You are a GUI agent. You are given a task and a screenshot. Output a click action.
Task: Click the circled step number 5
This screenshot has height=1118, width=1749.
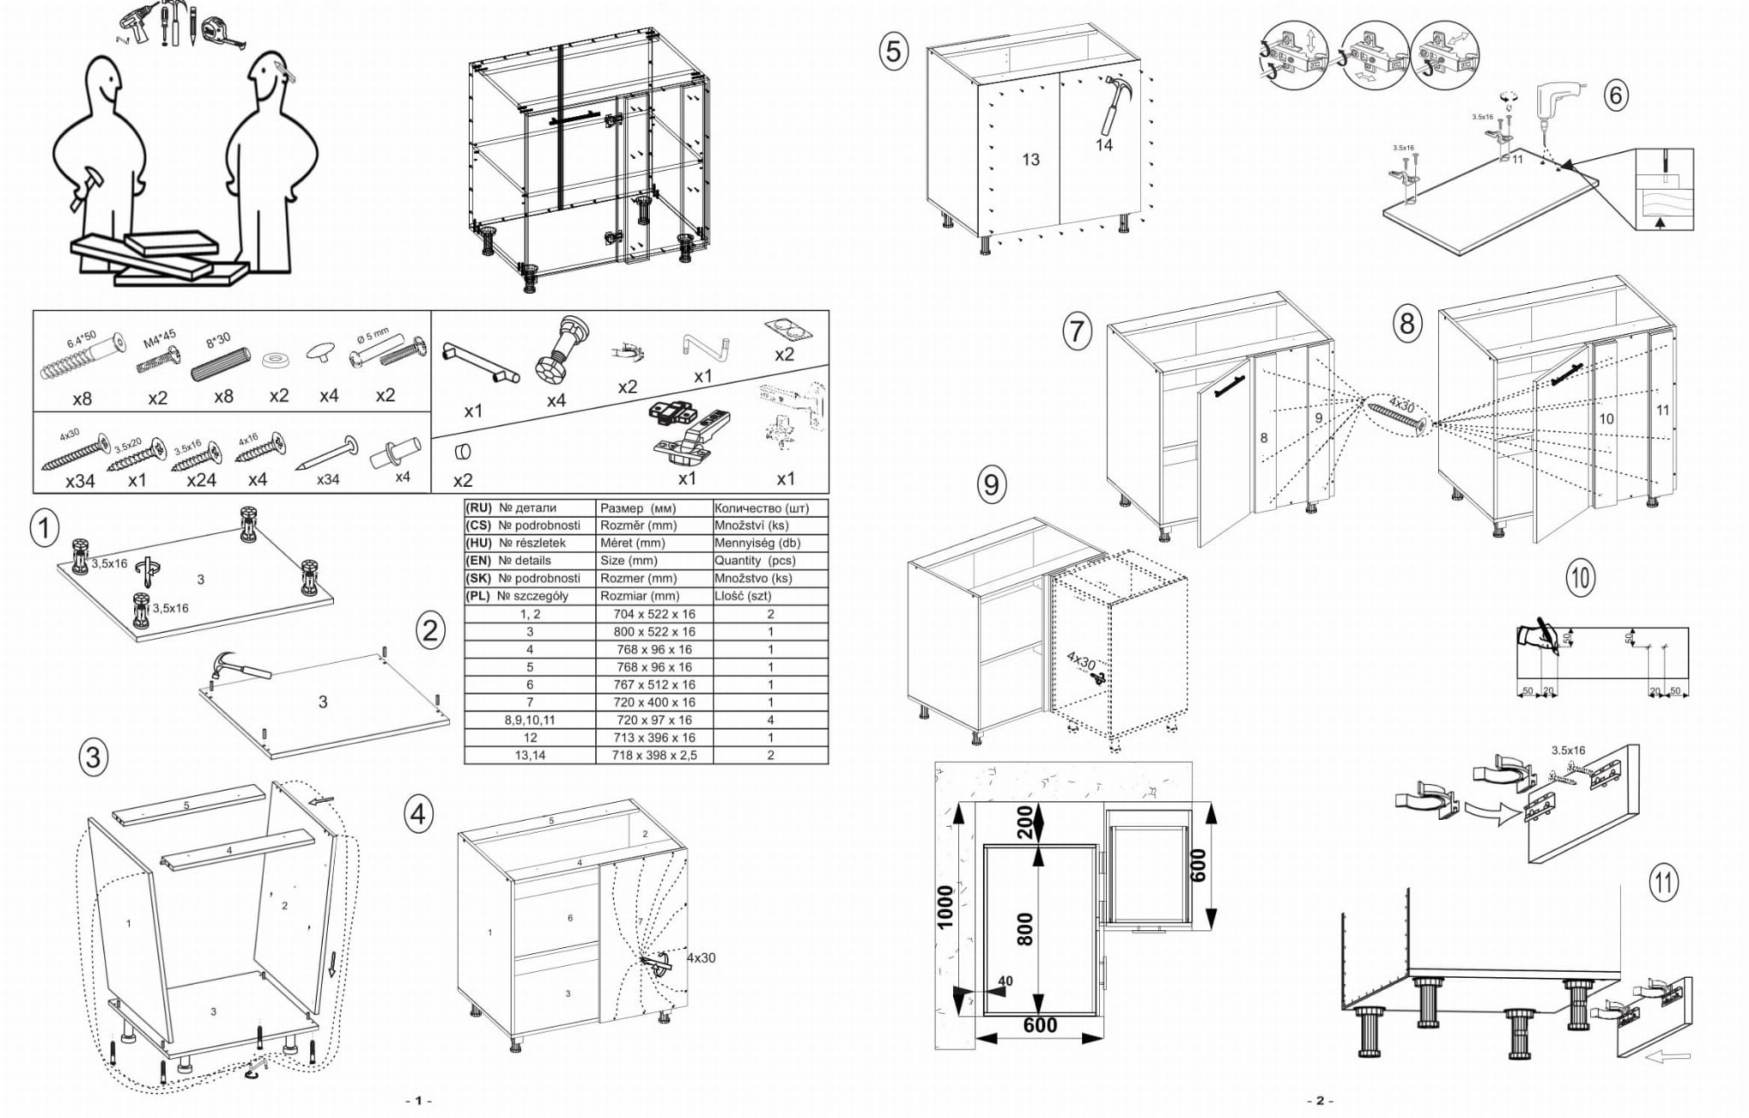tap(892, 52)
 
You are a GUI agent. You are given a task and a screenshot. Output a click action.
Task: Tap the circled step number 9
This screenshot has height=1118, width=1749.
tap(991, 485)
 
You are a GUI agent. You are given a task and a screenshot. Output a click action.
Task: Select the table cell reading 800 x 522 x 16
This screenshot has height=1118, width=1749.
tap(653, 632)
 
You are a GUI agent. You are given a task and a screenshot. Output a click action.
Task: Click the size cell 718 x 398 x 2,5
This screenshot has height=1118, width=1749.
tap(653, 755)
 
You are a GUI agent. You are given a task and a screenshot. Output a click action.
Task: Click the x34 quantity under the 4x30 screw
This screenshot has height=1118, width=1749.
tap(80, 481)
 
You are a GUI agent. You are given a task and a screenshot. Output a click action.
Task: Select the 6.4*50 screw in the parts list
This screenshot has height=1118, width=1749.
tap(81, 359)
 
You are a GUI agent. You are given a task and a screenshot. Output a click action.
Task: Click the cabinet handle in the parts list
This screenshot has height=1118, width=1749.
tap(480, 362)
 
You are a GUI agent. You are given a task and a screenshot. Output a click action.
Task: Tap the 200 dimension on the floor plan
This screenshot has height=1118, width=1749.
tap(1025, 822)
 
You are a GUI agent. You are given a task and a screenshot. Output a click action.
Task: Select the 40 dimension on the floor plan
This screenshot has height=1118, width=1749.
tap(1005, 981)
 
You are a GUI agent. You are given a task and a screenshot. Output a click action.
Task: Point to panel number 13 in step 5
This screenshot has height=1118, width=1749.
tap(1031, 160)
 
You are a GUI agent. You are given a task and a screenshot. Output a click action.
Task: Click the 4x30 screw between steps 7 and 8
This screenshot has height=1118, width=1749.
tap(1397, 417)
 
